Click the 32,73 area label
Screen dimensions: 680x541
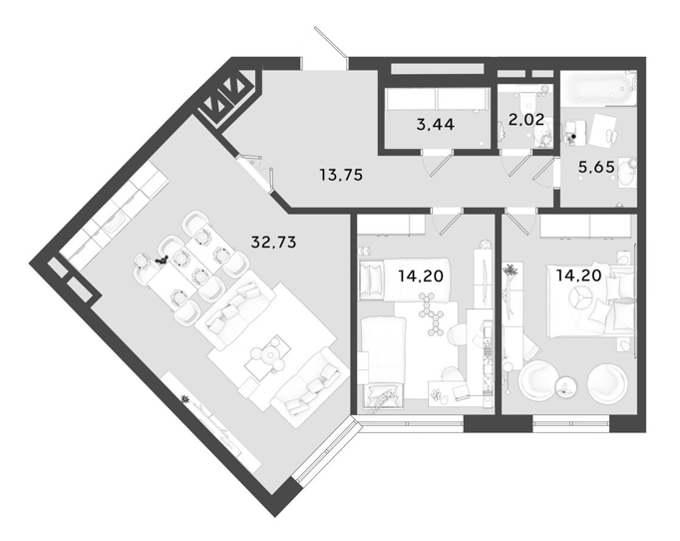(x=273, y=242)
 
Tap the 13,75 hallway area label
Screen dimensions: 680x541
(x=341, y=175)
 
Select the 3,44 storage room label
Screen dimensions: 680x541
(x=436, y=125)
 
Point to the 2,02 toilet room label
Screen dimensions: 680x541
(x=526, y=119)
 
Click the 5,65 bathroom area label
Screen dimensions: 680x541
(x=596, y=167)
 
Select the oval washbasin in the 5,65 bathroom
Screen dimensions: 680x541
(x=627, y=173)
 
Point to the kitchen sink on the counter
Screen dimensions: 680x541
(x=113, y=224)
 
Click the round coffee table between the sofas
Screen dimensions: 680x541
(x=267, y=354)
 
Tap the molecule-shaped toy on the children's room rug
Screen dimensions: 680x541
(x=429, y=313)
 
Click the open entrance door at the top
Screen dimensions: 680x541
(x=330, y=42)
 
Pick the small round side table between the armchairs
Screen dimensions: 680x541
(x=565, y=385)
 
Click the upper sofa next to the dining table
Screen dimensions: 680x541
(x=236, y=313)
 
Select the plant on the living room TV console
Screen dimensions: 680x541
(x=185, y=398)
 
